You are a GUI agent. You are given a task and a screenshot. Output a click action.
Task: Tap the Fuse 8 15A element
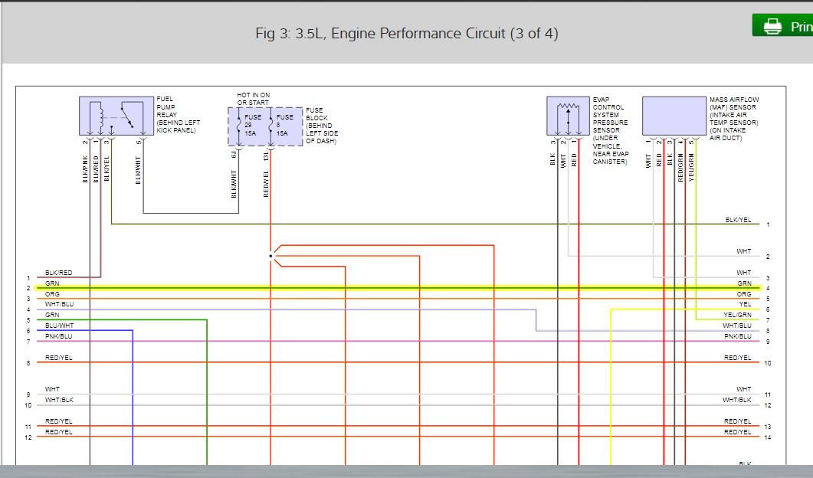(283, 126)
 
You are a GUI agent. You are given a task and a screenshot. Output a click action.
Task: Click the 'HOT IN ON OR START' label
(254, 99)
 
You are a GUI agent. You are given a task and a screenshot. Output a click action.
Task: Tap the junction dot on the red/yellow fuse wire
(270, 256)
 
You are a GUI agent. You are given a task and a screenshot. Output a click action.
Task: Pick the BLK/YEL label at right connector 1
(739, 220)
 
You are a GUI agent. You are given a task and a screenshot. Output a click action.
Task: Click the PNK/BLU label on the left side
(59, 336)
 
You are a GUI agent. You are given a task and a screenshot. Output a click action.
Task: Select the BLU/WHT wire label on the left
(59, 326)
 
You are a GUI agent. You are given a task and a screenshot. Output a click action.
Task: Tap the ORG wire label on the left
(52, 293)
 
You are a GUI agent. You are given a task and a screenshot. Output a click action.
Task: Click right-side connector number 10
(767, 362)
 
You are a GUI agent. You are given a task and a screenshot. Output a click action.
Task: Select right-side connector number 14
(767, 437)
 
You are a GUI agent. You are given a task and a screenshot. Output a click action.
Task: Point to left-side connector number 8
(28, 362)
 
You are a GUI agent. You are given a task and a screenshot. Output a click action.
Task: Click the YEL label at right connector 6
(745, 304)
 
